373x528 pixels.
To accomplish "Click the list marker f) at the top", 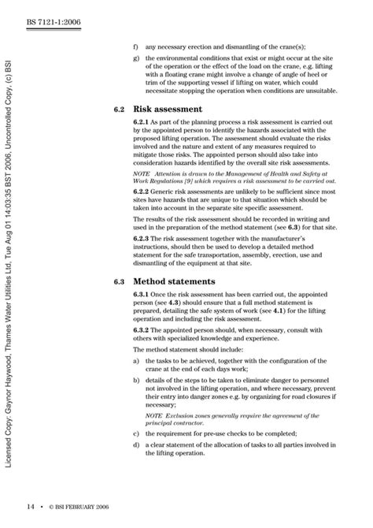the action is click(x=136, y=46).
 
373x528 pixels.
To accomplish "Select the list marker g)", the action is click(x=136, y=59).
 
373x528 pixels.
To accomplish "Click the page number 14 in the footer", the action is click(x=29, y=507).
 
